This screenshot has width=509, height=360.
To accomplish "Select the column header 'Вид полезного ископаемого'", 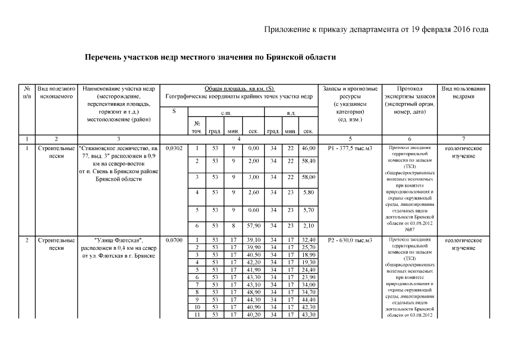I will coord(56,93).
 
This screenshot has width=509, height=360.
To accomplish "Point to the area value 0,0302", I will coord(174,148).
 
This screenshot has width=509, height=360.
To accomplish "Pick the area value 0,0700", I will coord(174,240).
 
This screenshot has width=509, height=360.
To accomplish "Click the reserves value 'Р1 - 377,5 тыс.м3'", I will coord(350,148).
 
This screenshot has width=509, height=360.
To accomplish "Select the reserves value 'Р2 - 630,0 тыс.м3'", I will coord(350,240).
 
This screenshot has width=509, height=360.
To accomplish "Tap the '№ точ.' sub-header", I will coord(197,127).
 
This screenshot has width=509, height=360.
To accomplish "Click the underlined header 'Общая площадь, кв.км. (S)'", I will coord(239,89).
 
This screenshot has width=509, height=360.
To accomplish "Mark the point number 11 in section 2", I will coord(197,314).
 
